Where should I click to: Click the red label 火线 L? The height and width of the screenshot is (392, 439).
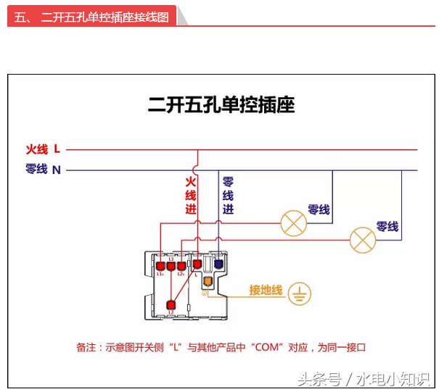tap(43, 149)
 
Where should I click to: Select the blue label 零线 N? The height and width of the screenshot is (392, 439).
tap(43, 170)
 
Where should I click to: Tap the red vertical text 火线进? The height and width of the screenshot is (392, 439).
tap(191, 194)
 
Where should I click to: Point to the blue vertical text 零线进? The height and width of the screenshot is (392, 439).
tap(228, 194)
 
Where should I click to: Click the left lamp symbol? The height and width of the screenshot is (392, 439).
tap(294, 222)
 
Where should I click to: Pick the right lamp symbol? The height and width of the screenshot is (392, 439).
tap(362, 239)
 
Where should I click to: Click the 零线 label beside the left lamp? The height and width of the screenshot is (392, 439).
tap(319, 209)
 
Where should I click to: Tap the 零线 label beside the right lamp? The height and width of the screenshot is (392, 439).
tap(387, 227)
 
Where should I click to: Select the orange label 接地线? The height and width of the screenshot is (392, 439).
tap(265, 290)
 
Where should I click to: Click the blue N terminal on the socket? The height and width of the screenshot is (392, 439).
tap(218, 265)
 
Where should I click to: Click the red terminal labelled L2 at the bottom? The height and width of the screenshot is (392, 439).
tap(171, 306)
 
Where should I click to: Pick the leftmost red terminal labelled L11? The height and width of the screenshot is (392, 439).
tap(160, 266)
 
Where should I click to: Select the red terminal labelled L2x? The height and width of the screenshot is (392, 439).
tap(181, 266)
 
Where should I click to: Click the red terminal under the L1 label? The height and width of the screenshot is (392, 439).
tap(171, 266)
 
